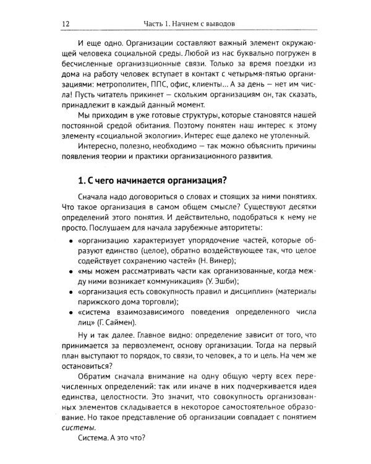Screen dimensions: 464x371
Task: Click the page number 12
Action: pyautogui.click(x=66, y=24)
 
